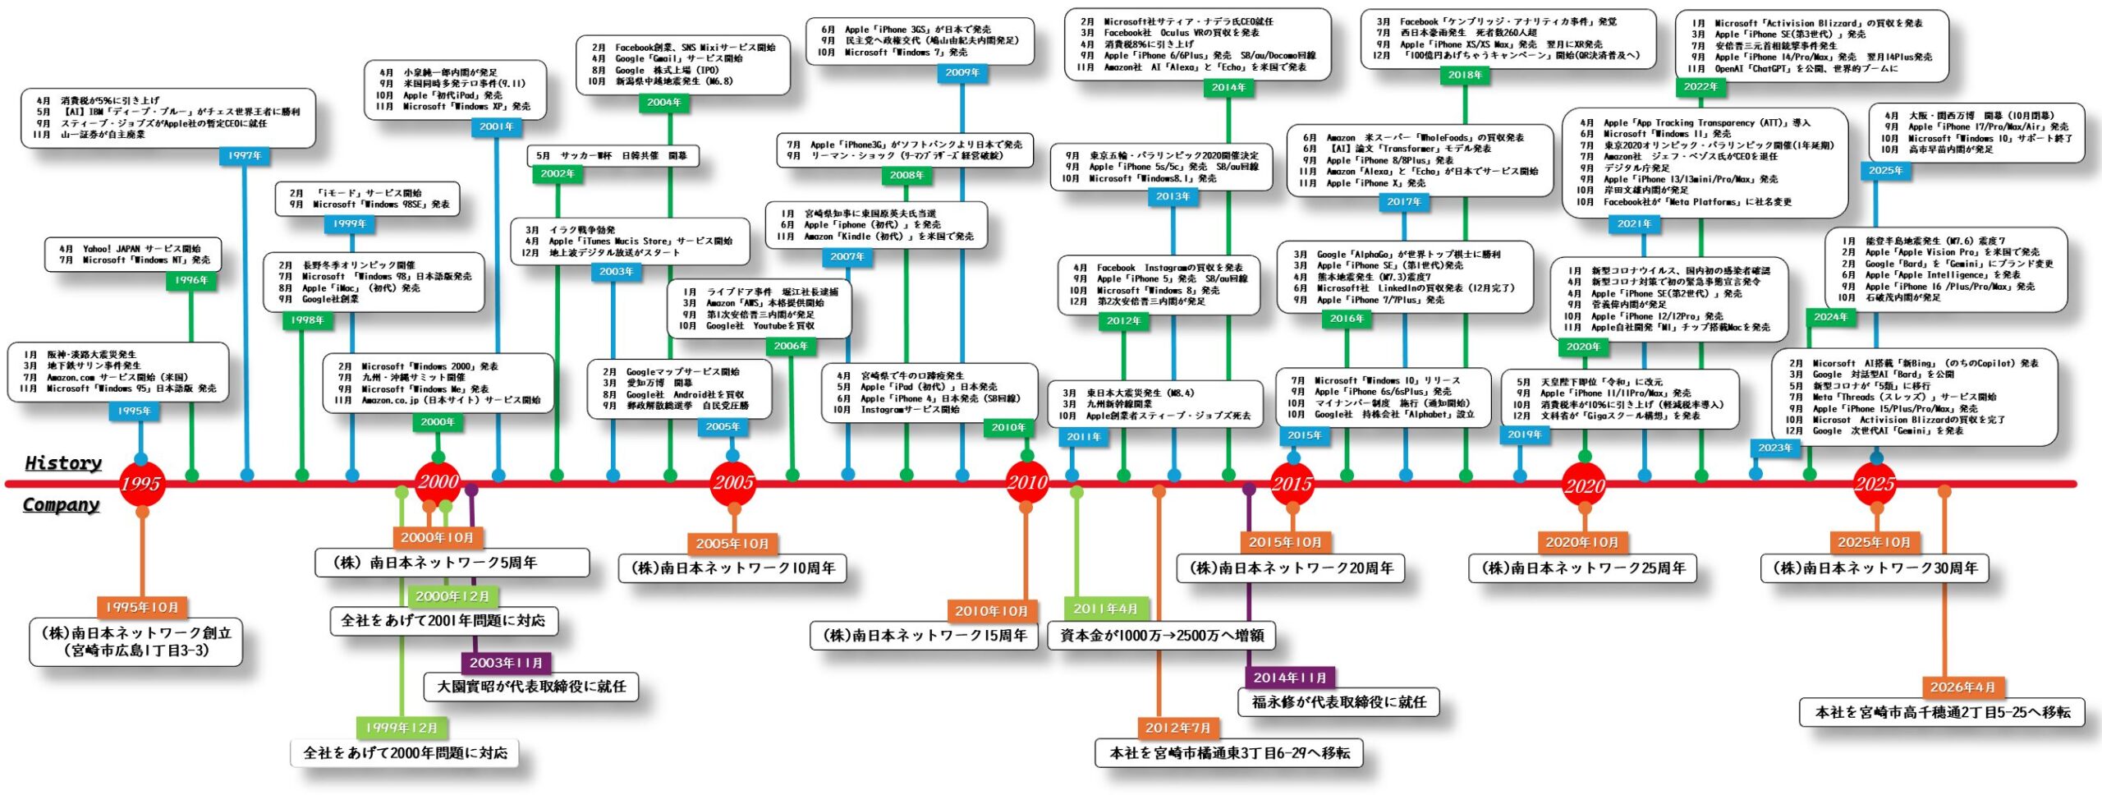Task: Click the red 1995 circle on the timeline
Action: point(140,484)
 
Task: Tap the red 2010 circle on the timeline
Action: point(1027,483)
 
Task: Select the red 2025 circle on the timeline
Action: point(1875,484)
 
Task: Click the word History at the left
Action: point(63,463)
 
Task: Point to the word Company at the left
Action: point(61,505)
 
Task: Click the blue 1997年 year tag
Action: point(245,156)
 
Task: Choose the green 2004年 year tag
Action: point(664,103)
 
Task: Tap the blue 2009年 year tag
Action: point(962,73)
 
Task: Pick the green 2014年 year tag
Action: point(1228,88)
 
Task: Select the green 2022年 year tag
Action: point(1700,87)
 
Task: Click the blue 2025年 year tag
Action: point(1885,171)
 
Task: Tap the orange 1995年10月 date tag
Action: point(142,608)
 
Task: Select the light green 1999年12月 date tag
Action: point(402,728)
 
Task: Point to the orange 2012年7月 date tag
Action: point(1177,728)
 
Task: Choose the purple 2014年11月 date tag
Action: point(1290,678)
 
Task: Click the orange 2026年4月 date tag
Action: point(1962,687)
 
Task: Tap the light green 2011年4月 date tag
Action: point(1105,609)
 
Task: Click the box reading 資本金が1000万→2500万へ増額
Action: point(1162,636)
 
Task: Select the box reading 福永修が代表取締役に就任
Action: point(1338,702)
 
